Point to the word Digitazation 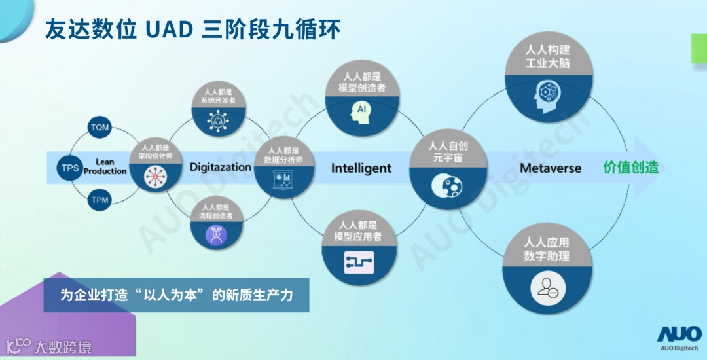[221, 167]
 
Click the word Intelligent [361, 168]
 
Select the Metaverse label [551, 168]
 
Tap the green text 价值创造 [630, 167]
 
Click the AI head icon [361, 109]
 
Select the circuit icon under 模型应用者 [361, 262]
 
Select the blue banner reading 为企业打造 [176, 296]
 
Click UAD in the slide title [166, 29]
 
